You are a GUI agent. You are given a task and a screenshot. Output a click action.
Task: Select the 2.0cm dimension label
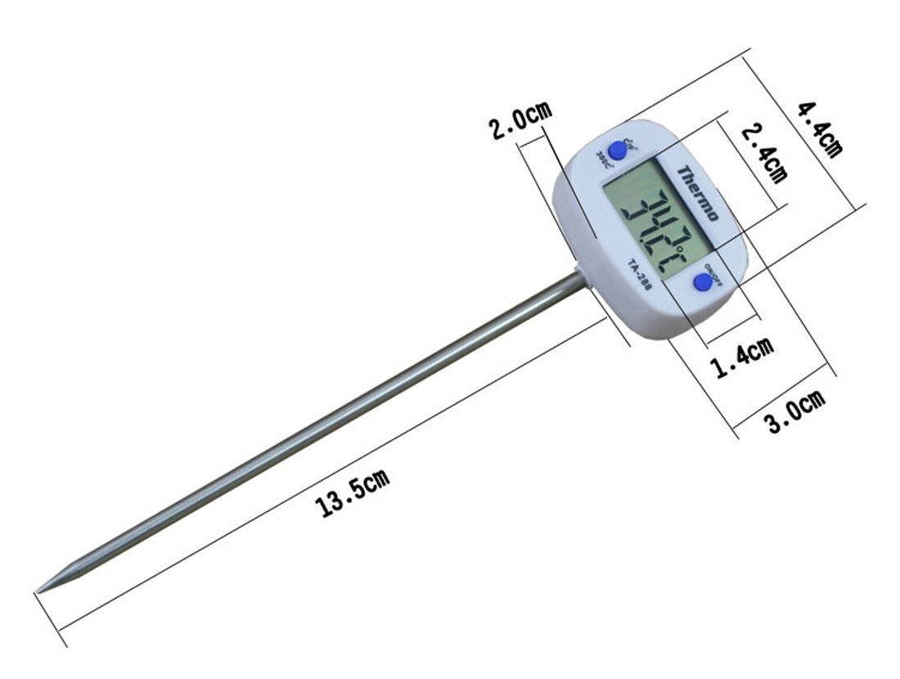click(520, 122)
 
